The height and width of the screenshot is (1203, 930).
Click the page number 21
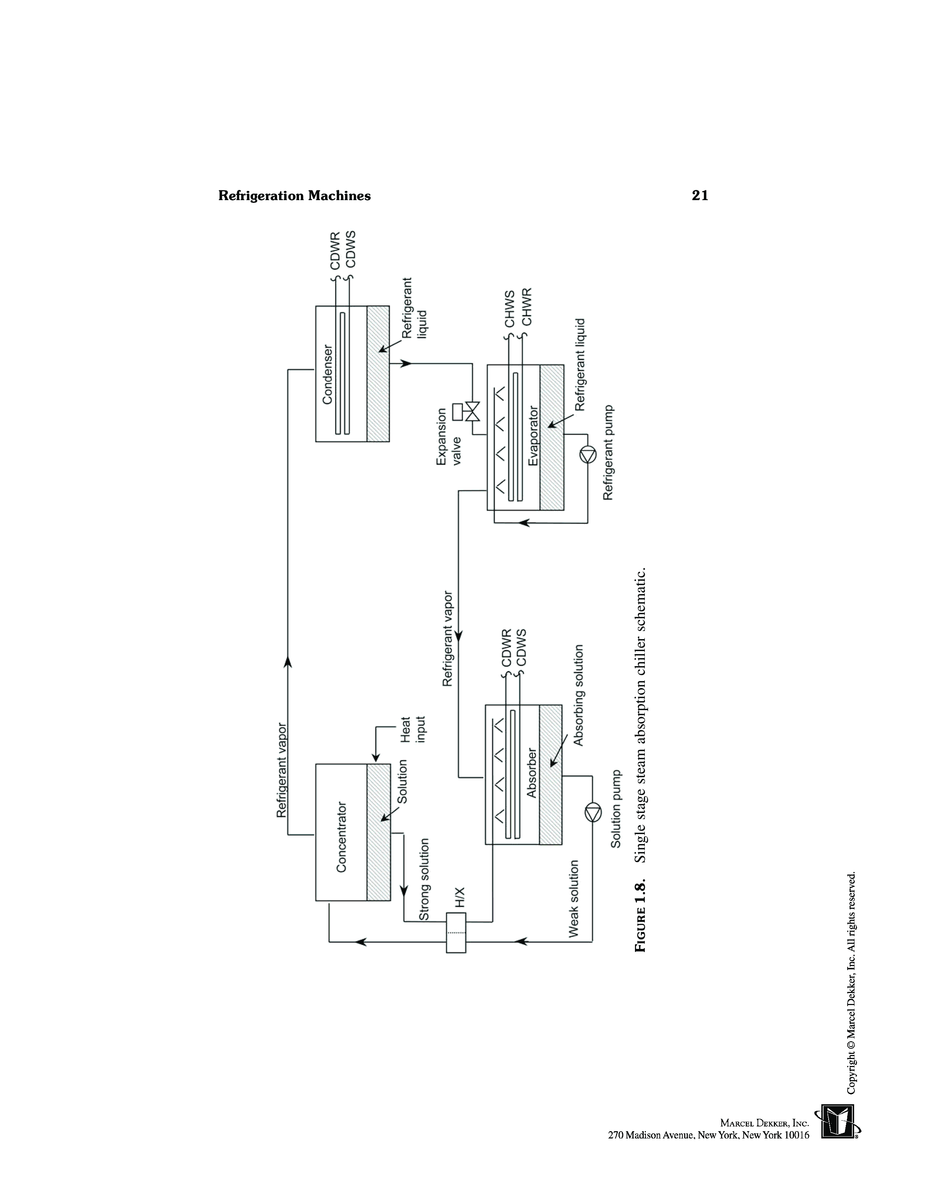700,195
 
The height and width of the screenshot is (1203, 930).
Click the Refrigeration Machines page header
294,195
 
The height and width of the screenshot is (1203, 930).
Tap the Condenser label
327,374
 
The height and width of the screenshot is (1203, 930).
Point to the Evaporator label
533,436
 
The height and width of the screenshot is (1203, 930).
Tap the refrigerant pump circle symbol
588,455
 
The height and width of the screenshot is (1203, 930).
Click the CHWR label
527,306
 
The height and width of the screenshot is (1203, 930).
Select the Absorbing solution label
578,695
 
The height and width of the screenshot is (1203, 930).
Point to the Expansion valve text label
449,437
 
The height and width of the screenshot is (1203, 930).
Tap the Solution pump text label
615,809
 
